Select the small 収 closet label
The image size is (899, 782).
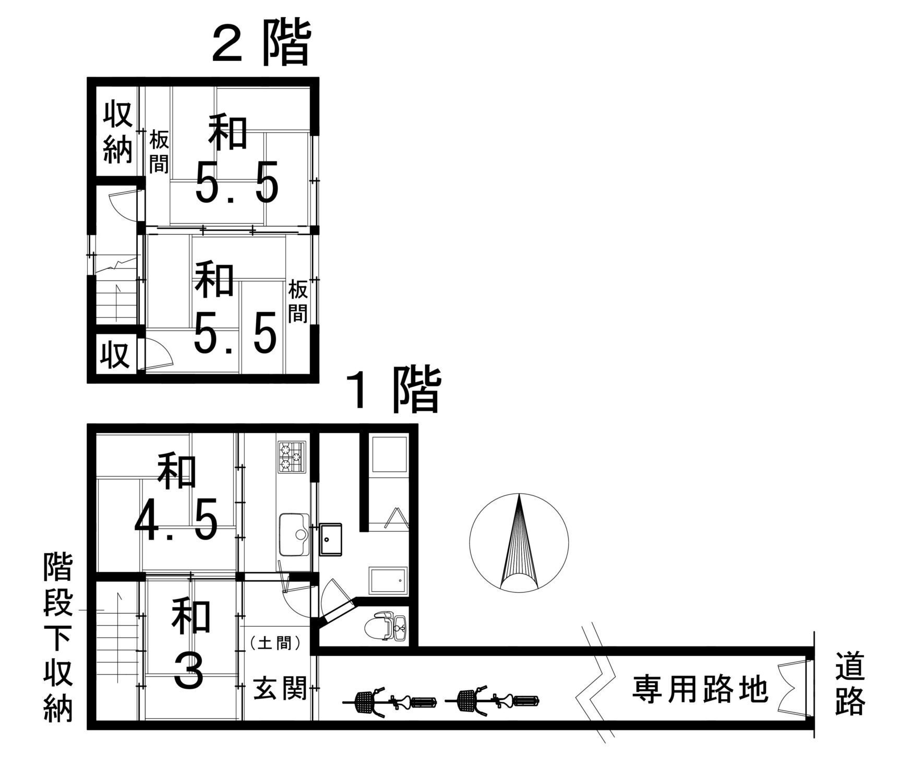pyautogui.click(x=115, y=356)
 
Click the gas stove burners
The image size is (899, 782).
pyautogui.click(x=293, y=457)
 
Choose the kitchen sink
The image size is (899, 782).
pyautogui.click(x=294, y=534)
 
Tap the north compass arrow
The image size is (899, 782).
pyautogui.click(x=519, y=542)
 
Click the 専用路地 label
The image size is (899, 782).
pyautogui.click(x=700, y=689)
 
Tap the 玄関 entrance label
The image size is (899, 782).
pyautogui.click(x=279, y=688)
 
